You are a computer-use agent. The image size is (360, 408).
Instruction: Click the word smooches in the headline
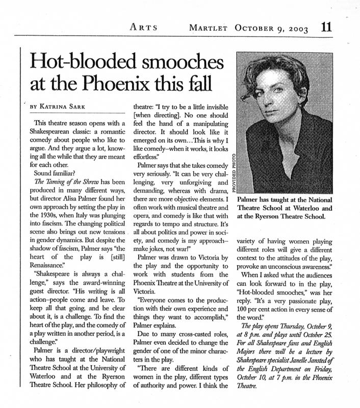click(175, 64)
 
